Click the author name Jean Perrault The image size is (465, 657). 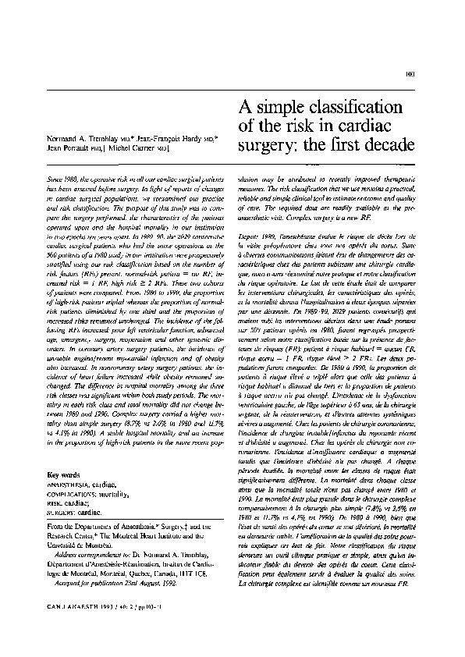(69, 147)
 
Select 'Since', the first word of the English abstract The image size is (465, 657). (56, 179)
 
